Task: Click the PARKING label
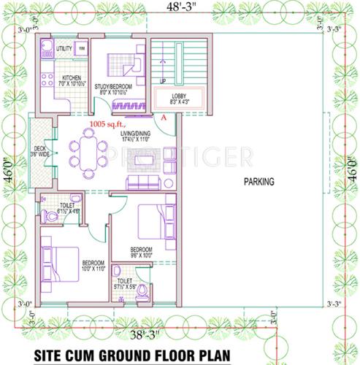tap(259, 182)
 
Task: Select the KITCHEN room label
tap(71, 77)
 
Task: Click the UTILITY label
tap(64, 48)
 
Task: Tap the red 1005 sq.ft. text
tap(107, 125)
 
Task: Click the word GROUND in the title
tap(133, 355)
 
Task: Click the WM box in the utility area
tap(81, 48)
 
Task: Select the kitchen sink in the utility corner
tap(45, 50)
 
